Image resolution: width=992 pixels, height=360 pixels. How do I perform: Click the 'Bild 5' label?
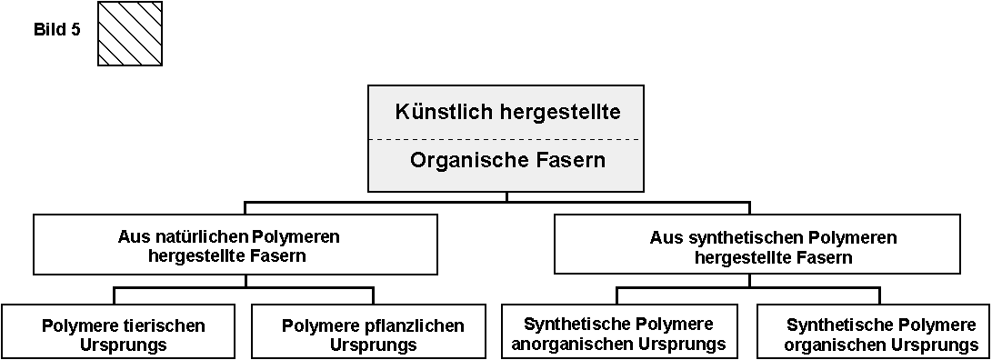[56, 30]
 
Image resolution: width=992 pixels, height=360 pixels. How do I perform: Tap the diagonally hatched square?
[129, 34]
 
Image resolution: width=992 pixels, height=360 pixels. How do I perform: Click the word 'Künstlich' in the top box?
[443, 112]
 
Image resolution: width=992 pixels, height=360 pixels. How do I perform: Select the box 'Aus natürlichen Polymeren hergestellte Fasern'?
[228, 244]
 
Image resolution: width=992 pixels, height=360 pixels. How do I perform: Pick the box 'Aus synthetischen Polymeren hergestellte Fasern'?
[757, 244]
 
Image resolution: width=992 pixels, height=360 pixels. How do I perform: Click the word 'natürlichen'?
[195, 237]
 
